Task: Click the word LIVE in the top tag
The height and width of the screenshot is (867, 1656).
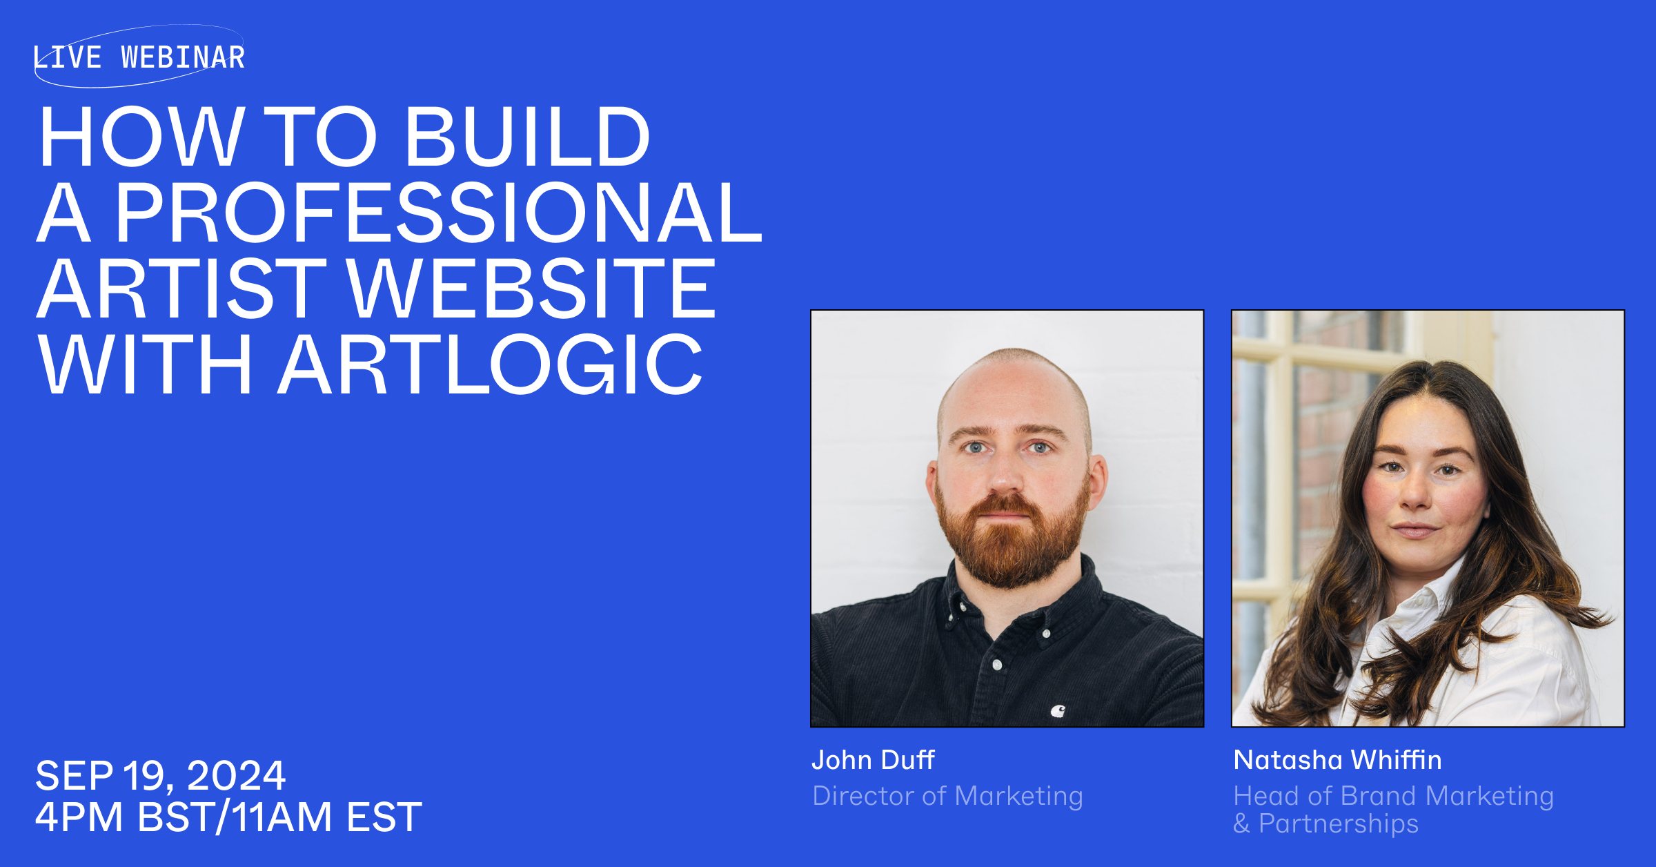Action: (x=68, y=57)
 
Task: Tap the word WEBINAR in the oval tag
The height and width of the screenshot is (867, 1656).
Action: (x=183, y=57)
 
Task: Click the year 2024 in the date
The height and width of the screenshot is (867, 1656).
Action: (x=236, y=775)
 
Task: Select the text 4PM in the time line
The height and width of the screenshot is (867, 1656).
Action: (x=79, y=817)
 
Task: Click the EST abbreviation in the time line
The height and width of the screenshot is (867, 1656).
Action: (x=384, y=817)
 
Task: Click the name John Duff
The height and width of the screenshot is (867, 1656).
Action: (x=873, y=760)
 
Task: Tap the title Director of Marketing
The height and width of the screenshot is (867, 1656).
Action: (x=947, y=796)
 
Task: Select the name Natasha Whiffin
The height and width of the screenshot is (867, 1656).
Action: (x=1337, y=760)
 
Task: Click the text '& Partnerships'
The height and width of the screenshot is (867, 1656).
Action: (x=1325, y=824)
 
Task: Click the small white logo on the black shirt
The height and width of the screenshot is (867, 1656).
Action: (x=1058, y=710)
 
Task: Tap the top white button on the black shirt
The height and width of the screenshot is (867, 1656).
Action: (x=1047, y=633)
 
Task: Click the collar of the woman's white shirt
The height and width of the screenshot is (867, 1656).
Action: (x=1421, y=607)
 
